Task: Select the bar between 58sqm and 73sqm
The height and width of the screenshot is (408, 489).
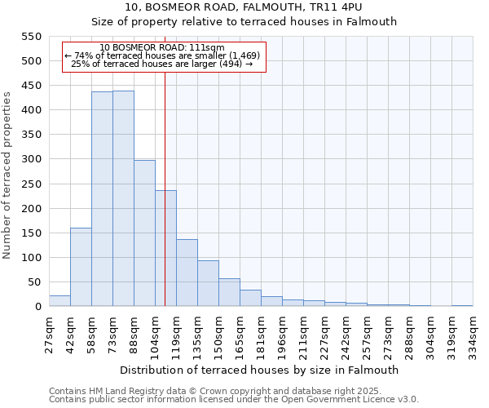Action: coord(102,199)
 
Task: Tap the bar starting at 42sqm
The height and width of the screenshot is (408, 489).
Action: coord(81,267)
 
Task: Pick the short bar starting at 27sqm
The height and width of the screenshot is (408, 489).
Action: coord(59,301)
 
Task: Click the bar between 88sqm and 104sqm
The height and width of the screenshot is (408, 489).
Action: coord(144,233)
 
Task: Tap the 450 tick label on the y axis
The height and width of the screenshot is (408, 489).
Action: coord(30,86)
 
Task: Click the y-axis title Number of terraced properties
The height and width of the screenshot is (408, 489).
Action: coord(7,175)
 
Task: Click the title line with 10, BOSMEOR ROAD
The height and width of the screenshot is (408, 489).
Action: coord(244,7)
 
